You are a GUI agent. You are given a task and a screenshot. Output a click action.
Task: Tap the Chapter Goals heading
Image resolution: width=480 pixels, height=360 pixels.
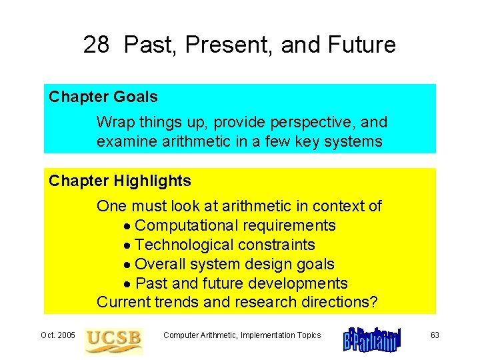pyautogui.click(x=103, y=97)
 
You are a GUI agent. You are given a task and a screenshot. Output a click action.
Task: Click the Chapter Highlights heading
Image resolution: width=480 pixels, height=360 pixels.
pyautogui.click(x=120, y=181)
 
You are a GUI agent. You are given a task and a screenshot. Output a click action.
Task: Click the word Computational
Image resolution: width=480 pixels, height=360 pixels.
pyautogui.click(x=184, y=225)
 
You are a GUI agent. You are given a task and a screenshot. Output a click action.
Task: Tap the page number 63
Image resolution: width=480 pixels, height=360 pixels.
pyautogui.click(x=435, y=335)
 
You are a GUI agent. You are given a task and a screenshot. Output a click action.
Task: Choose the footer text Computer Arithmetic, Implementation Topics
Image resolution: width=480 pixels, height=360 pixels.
pyautogui.click(x=242, y=335)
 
